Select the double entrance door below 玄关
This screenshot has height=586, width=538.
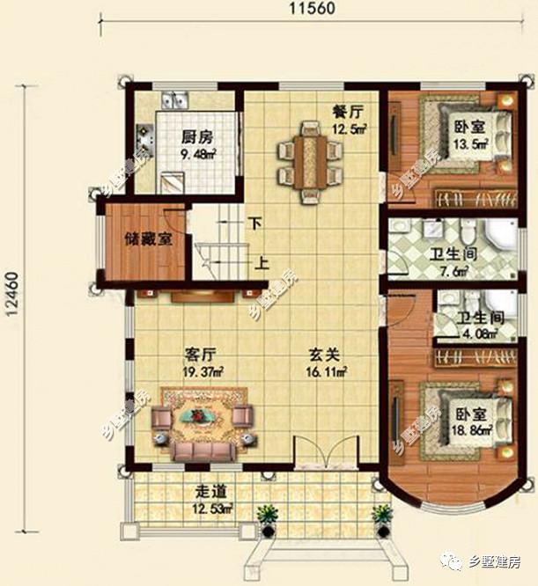point(327,459)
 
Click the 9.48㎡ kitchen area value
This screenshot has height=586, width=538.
point(199,155)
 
